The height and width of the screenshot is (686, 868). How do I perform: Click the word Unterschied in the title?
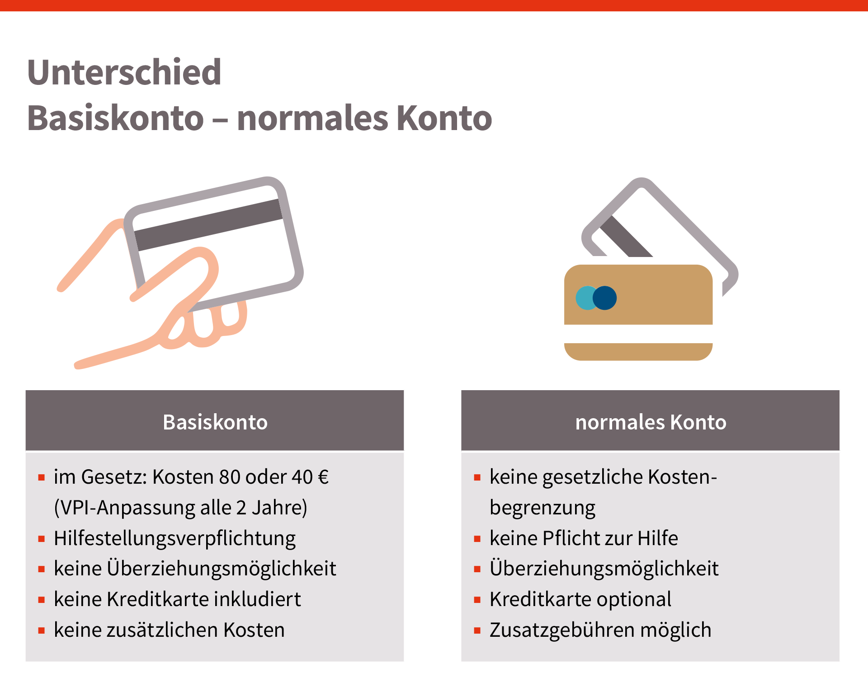pyautogui.click(x=124, y=72)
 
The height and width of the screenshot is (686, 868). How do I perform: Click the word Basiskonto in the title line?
pyautogui.click(x=116, y=118)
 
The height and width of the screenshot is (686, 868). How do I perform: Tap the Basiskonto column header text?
pyautogui.click(x=215, y=422)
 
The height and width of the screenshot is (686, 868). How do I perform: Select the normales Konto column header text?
pyautogui.click(x=651, y=422)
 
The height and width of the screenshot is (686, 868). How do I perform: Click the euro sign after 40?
pyautogui.click(x=323, y=477)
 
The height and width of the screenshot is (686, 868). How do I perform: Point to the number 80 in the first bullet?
pyautogui.click(x=230, y=477)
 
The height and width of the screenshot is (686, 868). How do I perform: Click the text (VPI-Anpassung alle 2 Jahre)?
pyautogui.click(x=180, y=508)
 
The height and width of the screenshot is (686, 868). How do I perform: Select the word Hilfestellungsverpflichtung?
pyautogui.click(x=175, y=538)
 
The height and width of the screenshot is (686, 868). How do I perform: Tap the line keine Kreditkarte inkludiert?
pyautogui.click(x=177, y=599)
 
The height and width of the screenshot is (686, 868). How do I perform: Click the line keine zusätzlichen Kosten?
pyautogui.click(x=169, y=630)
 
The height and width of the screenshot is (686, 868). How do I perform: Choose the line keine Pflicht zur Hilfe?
pyautogui.click(x=584, y=538)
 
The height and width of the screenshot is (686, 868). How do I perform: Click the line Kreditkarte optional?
pyautogui.click(x=580, y=600)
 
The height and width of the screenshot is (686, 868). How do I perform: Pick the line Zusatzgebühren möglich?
pyautogui.click(x=600, y=630)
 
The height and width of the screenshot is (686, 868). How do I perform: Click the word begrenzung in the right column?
pyautogui.click(x=542, y=508)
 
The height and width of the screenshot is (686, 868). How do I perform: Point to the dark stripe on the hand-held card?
pyautogui.click(x=208, y=225)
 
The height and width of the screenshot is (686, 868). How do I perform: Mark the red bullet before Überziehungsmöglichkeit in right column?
pyautogui.click(x=477, y=569)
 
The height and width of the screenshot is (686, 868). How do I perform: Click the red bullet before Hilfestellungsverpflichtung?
pyautogui.click(x=42, y=539)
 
